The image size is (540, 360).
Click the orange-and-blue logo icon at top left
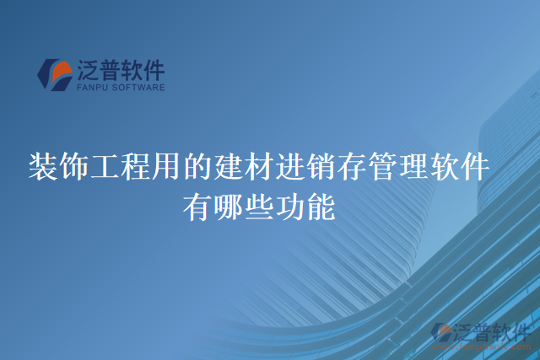(54, 74)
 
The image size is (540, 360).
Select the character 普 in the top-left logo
(111, 68)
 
